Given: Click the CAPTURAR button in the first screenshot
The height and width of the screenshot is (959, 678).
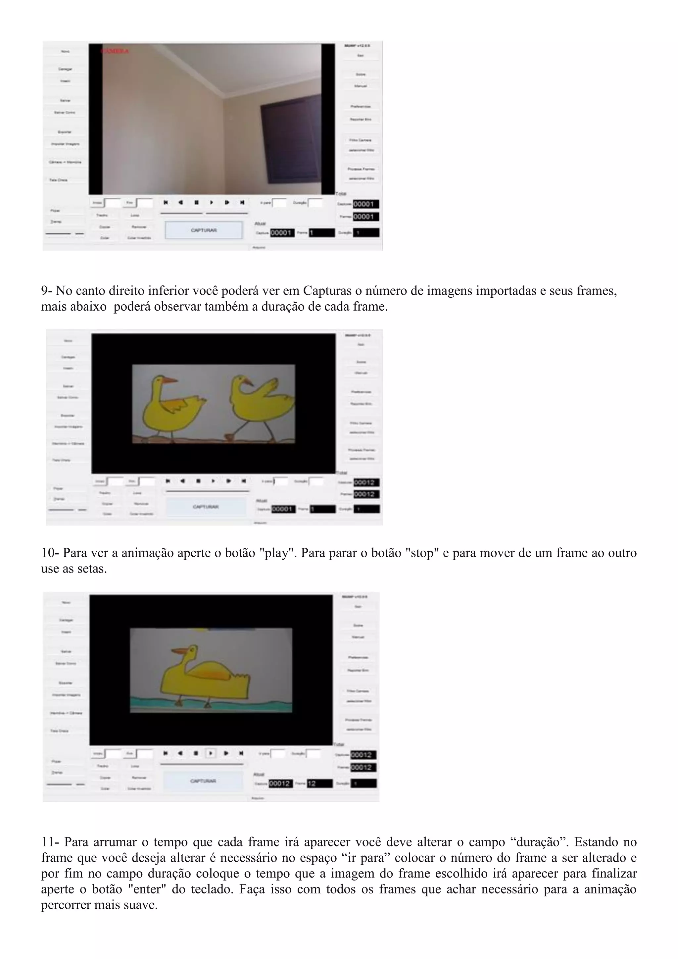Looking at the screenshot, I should tap(204, 230).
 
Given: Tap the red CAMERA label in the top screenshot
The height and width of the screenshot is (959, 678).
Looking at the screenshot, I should tap(115, 51).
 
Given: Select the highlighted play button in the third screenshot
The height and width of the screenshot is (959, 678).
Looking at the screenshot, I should tap(211, 753).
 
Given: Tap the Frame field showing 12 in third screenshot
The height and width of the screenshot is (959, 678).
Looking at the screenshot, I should tap(319, 783).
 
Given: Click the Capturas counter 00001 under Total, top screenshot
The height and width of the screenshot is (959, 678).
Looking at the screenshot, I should tap(366, 204).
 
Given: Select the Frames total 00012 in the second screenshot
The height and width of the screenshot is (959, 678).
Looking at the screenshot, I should tap(366, 494).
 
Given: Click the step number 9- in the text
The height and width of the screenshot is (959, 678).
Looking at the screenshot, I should tap(46, 291).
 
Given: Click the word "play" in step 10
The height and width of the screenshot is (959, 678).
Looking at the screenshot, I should tap(277, 553).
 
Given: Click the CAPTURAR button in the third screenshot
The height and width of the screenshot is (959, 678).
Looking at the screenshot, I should tap(203, 781).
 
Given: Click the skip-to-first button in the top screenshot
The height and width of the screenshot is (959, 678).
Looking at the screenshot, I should tap(166, 203).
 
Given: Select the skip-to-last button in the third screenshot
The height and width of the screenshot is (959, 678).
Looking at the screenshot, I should tap(241, 753).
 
